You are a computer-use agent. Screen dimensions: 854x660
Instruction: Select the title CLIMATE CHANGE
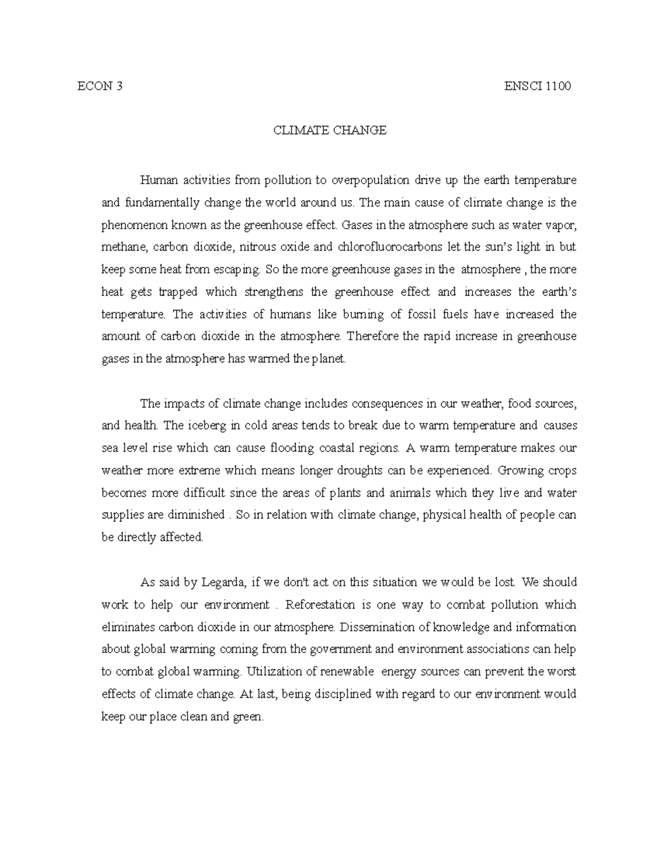coord(330,130)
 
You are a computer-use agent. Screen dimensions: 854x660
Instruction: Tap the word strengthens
coord(273,292)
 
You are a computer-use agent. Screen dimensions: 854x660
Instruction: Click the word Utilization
coord(274,672)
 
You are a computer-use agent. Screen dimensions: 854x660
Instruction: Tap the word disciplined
coord(339,695)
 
